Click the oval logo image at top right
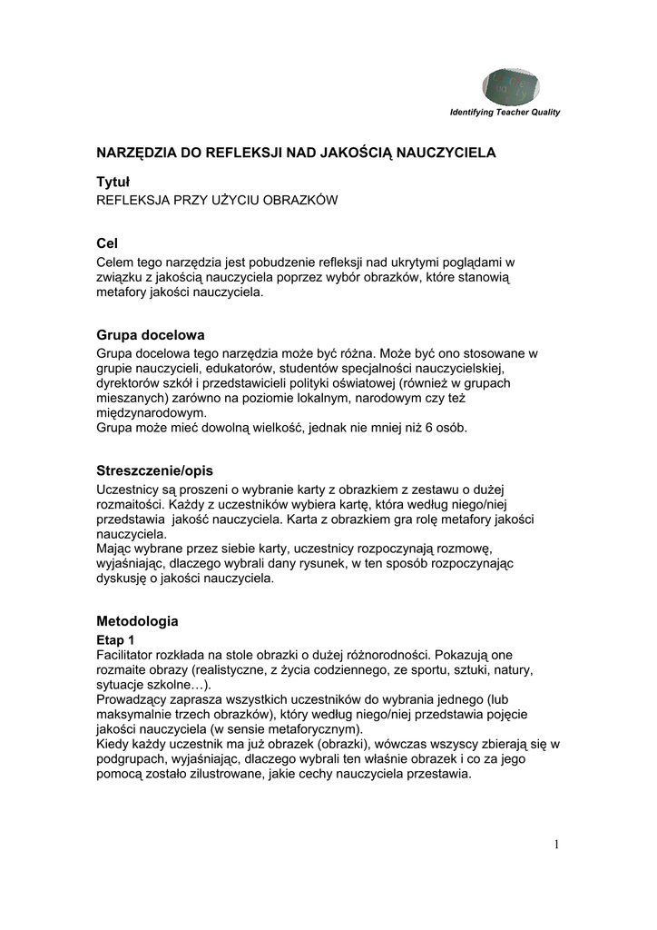513,86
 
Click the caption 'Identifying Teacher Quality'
505,113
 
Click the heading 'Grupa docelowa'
150,334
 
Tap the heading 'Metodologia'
137,621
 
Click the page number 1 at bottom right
556,846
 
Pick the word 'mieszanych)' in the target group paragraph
132,397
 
